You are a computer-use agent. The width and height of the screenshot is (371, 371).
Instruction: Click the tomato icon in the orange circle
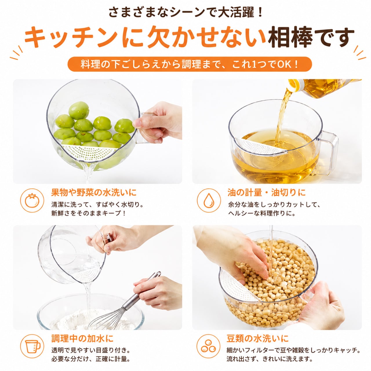pos(32,200)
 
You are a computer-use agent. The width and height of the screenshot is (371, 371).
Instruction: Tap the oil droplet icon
pos(209,200)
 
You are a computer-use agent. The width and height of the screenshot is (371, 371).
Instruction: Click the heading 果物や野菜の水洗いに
pos(94,192)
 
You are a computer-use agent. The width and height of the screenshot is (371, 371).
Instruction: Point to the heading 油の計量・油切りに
pos(266,192)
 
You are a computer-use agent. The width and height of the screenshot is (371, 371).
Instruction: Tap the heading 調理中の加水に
pos(82,339)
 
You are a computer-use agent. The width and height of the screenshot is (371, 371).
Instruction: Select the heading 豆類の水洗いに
pos(258,339)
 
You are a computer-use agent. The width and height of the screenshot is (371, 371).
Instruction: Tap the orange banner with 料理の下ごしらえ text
pos(190,64)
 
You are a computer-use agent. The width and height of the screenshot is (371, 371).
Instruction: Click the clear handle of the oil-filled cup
pos(327,152)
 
